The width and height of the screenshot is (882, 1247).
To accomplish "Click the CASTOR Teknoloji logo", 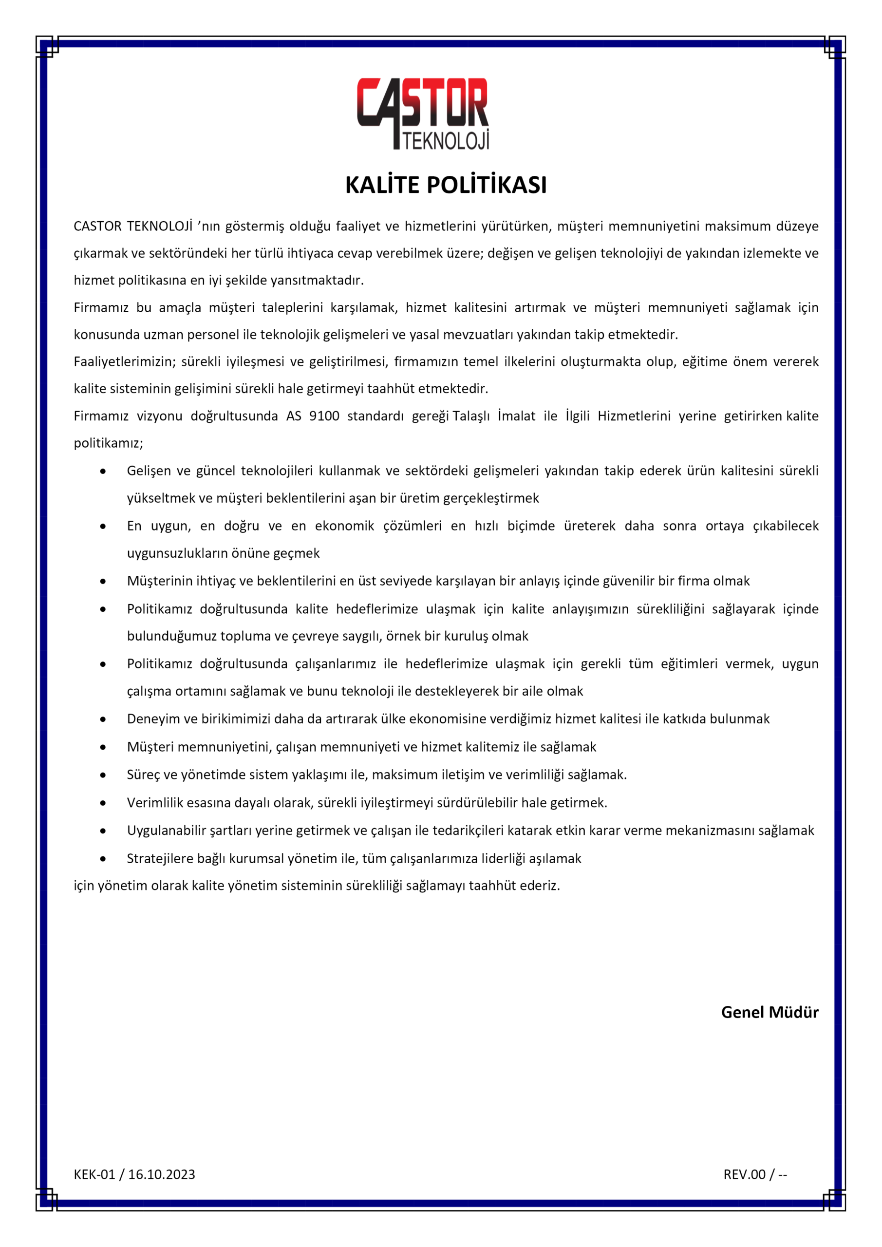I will (x=423, y=113).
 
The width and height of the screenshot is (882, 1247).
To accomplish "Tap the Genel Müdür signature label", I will (x=769, y=1012).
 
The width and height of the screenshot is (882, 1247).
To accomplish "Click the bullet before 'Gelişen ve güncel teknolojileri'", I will (x=103, y=472).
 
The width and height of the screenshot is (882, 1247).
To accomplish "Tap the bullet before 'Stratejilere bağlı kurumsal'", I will (x=103, y=859).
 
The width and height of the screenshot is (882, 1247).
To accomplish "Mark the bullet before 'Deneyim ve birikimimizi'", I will (x=103, y=719).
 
